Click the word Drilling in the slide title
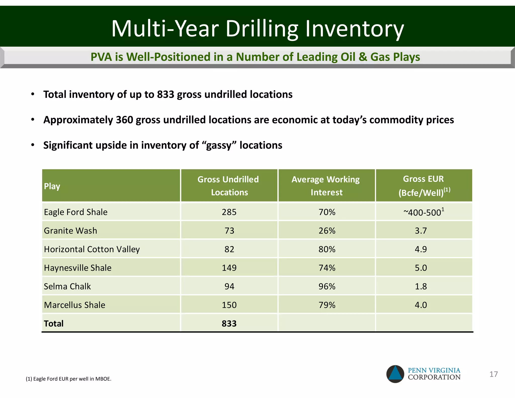tap(262, 29)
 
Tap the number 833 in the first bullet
tap(165, 95)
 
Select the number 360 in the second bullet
tap(124, 120)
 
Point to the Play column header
tap(52, 186)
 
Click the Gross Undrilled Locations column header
tap(229, 186)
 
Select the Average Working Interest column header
tap(326, 186)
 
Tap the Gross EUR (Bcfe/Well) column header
tap(424, 186)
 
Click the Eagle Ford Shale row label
tap(76, 212)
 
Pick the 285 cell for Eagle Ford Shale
tap(229, 212)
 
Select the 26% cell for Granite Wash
tap(327, 231)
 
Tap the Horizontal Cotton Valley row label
tap(92, 249)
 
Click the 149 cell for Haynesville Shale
tap(229, 268)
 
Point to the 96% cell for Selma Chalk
tap(327, 286)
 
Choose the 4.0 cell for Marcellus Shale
tap(421, 305)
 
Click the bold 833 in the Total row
tap(229, 324)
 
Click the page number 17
tap(493, 374)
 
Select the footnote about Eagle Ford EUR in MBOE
tap(68, 379)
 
